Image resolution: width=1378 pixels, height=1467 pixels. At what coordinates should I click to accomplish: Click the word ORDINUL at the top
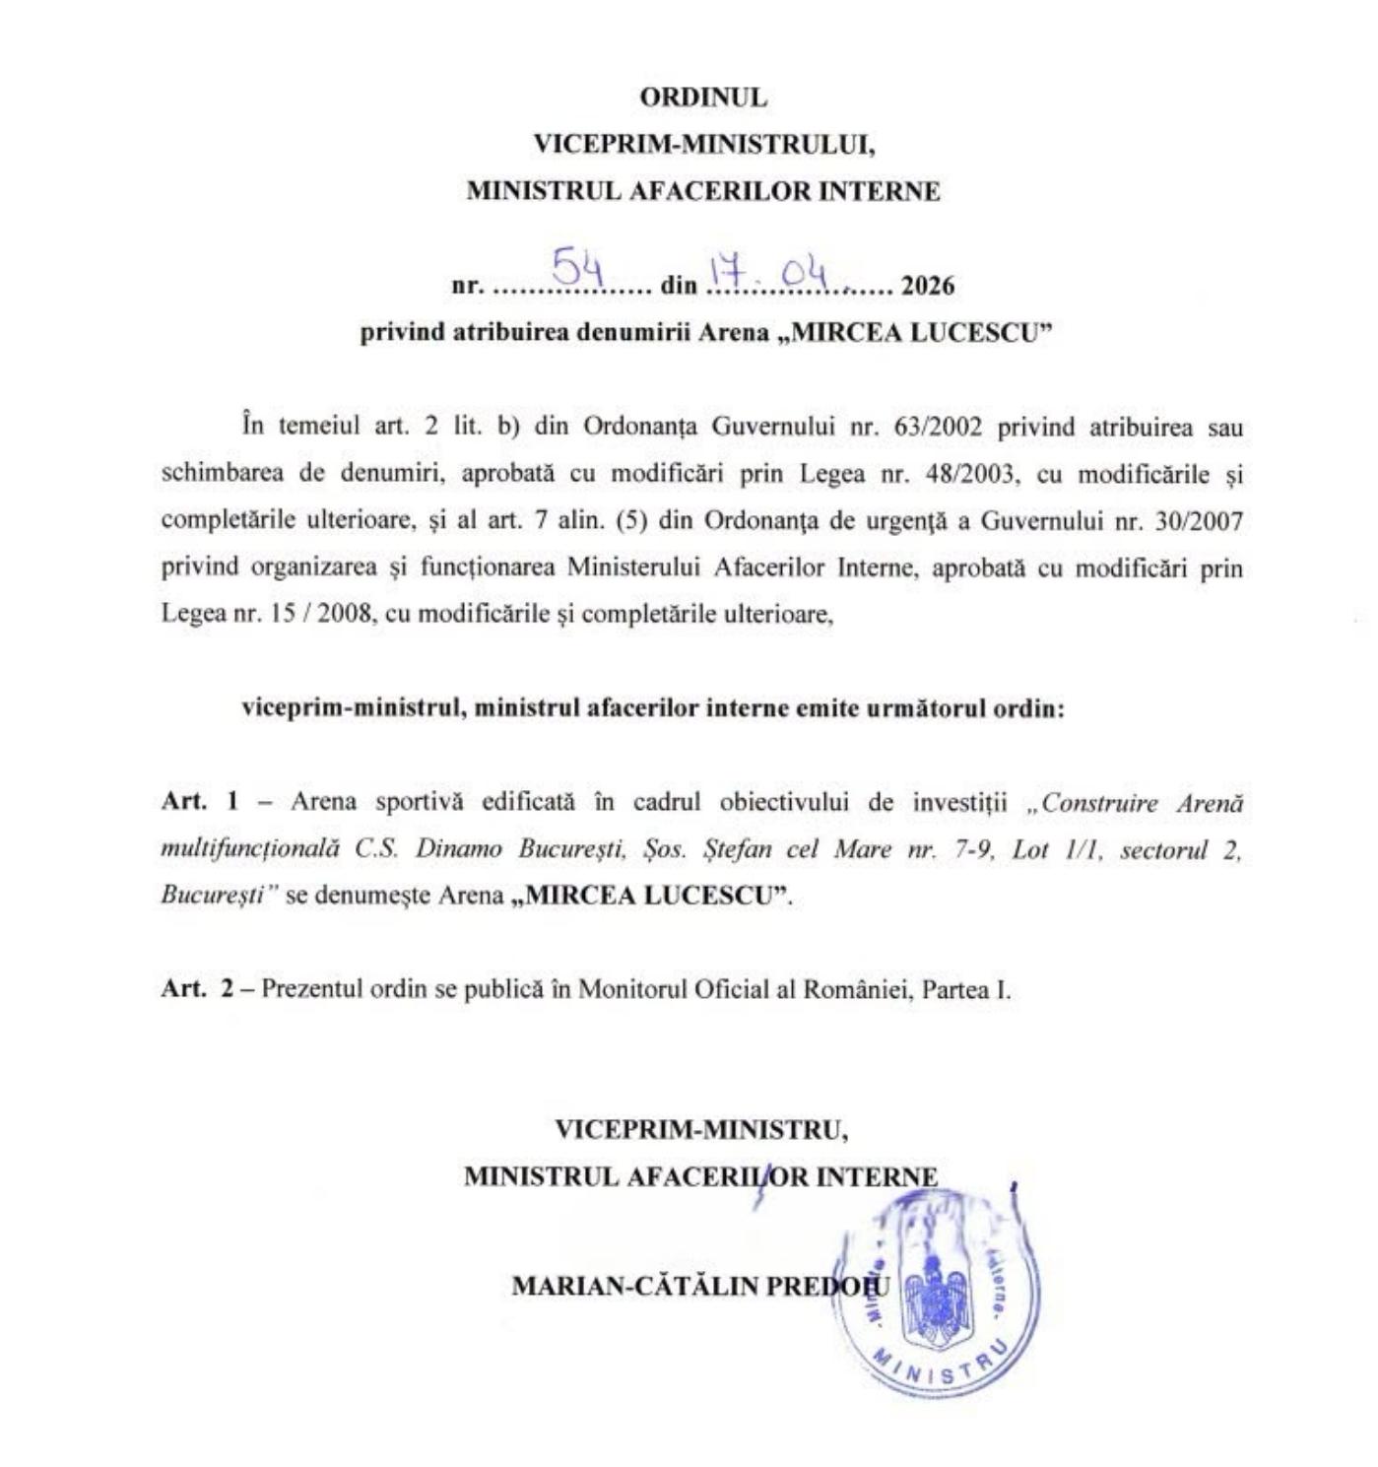702,98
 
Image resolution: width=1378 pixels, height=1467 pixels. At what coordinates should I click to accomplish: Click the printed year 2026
928,286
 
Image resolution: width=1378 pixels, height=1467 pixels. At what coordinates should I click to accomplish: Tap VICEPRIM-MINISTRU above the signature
701,1129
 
